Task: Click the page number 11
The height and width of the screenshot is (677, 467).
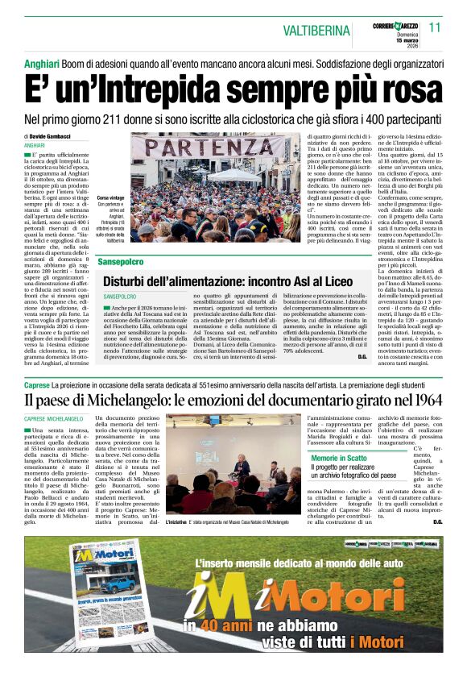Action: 435,27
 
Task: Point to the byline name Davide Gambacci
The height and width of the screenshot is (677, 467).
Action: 53,137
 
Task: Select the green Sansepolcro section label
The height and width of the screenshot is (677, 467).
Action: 121,263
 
